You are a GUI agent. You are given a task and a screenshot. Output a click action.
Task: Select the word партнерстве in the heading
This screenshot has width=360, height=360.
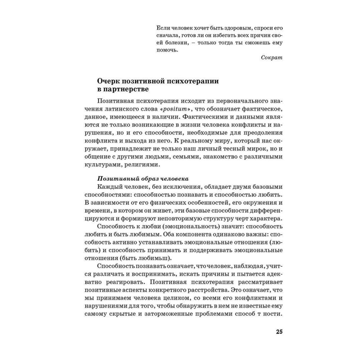coord(115,89)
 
